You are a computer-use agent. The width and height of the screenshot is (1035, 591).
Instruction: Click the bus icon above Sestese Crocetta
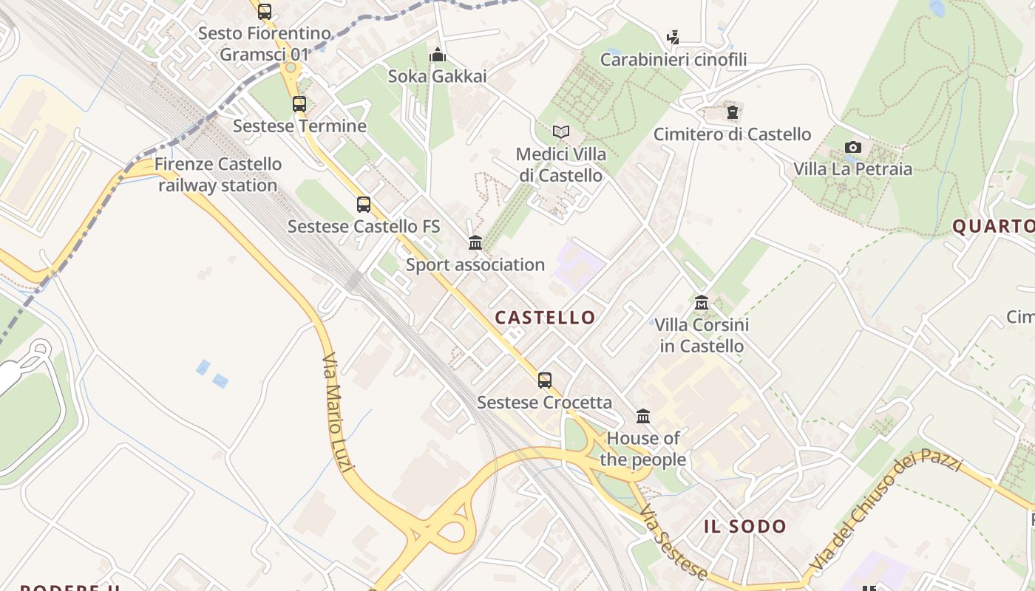coord(545,380)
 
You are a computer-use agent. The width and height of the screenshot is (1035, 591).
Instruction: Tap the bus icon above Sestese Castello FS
coord(363,205)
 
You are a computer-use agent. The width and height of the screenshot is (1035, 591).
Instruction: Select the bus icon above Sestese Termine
coord(299,104)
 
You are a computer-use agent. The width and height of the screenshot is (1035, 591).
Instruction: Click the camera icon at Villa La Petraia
coord(853,147)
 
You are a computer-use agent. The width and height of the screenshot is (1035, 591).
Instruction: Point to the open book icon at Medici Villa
coord(561,132)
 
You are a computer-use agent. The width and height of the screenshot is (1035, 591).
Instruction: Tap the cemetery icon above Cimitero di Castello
coord(732,112)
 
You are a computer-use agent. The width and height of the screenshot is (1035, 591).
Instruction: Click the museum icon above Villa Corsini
coord(702,303)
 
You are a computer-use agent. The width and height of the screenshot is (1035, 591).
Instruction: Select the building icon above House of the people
coord(643,417)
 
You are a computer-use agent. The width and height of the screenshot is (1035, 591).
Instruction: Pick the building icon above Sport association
coord(475,242)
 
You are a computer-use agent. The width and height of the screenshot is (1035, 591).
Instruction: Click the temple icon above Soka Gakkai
coord(438,55)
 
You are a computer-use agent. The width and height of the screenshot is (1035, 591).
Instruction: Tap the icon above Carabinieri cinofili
coord(673,38)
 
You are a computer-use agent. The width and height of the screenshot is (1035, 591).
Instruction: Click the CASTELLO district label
coord(545,318)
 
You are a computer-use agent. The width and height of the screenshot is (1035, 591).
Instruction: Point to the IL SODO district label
coord(744,526)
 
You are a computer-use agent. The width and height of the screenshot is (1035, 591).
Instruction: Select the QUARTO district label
coord(993,226)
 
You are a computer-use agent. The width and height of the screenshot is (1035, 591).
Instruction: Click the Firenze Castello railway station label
coord(218,174)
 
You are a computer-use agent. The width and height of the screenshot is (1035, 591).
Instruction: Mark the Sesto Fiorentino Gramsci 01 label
coord(265,44)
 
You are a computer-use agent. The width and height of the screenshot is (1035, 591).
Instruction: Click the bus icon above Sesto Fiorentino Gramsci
coord(264,12)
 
